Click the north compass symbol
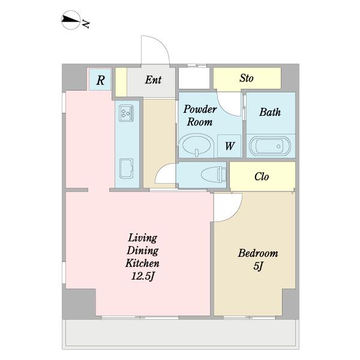(71, 20)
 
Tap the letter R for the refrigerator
(101, 80)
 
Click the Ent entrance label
(153, 80)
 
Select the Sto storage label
(247, 78)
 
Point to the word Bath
(270, 112)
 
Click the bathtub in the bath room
(270, 146)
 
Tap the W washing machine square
(229, 146)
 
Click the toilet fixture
(213, 175)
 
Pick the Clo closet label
(262, 176)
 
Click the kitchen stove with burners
(127, 113)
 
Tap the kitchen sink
(127, 168)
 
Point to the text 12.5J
(142, 276)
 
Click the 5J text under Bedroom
(258, 266)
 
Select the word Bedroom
(258, 253)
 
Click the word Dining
(142, 250)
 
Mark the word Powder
(200, 109)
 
